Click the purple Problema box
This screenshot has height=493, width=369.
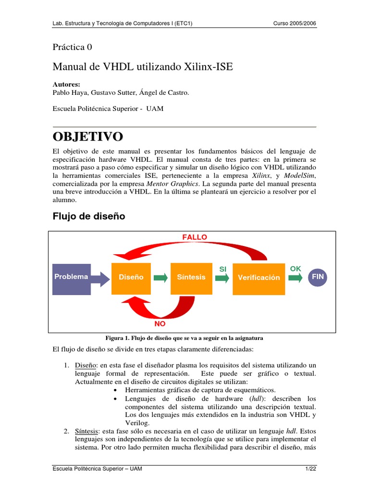point(71,277)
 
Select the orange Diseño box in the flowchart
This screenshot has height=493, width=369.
point(131,277)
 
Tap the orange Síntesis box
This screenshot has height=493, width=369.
point(191,277)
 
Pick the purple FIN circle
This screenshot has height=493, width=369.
point(318,277)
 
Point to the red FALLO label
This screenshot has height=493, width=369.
point(195,237)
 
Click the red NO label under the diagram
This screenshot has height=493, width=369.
point(160,324)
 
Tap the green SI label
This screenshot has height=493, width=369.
point(223,269)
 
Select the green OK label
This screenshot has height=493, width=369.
point(295,268)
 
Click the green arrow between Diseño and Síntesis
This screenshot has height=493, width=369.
point(161,277)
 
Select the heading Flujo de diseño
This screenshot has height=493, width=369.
point(88,217)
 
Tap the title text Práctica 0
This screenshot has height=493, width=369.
point(72,47)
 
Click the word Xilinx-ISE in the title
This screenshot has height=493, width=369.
point(208,67)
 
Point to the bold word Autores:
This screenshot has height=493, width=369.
point(66,84)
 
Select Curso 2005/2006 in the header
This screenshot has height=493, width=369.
point(295,24)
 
